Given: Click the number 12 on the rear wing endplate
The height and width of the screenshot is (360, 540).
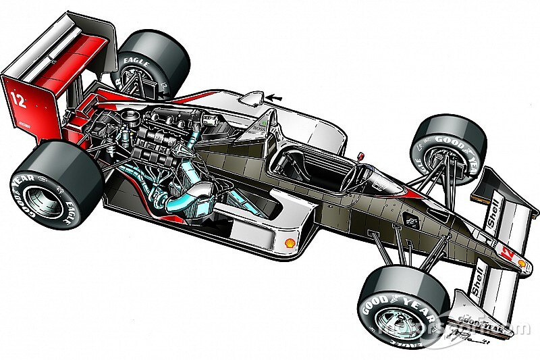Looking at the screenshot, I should click(x=19, y=101).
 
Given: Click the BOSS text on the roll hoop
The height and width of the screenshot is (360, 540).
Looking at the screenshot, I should click(x=260, y=126).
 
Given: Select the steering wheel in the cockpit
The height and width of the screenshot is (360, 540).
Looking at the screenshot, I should click(x=357, y=172).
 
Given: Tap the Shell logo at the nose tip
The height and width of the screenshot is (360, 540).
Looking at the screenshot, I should click(x=522, y=263).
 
